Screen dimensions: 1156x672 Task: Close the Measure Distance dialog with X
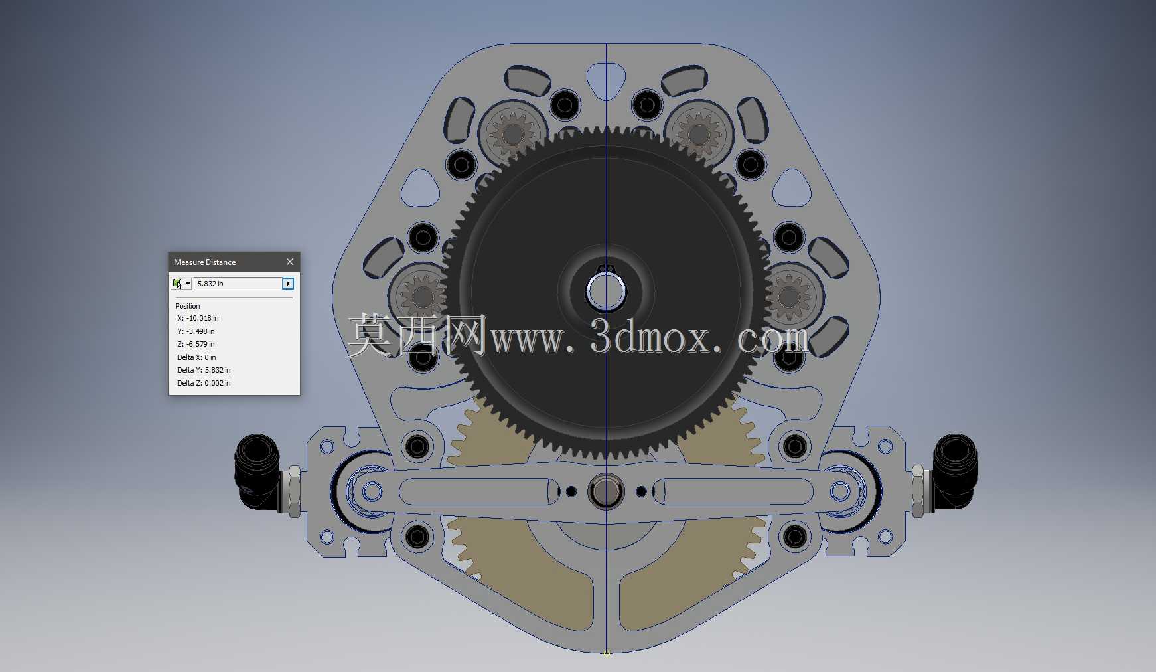point(289,262)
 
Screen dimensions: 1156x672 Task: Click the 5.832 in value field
point(238,284)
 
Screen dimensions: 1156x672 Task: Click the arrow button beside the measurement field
point(288,284)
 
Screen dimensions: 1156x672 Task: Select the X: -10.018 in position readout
point(198,318)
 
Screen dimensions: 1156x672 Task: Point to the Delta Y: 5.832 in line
point(204,370)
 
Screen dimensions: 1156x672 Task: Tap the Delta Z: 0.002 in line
point(204,383)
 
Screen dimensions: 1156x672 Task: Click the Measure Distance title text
point(204,262)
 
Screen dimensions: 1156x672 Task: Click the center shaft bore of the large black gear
point(606,292)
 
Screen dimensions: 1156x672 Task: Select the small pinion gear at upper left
point(512,134)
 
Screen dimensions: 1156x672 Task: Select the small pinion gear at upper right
point(699,134)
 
